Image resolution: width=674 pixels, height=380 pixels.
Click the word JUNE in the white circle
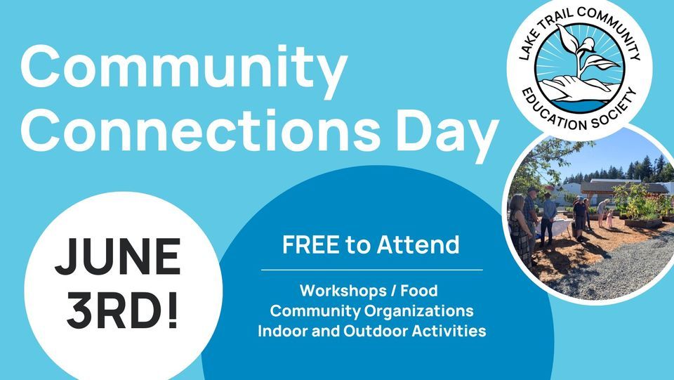[118, 256]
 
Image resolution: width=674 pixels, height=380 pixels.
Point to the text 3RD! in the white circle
[122, 310]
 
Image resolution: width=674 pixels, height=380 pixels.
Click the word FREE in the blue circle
[310, 244]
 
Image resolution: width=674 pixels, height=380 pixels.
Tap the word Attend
[418, 244]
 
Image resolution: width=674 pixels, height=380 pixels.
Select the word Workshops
[343, 291]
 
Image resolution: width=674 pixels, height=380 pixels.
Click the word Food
[419, 291]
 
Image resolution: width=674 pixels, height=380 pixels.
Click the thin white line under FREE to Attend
[372, 270]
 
